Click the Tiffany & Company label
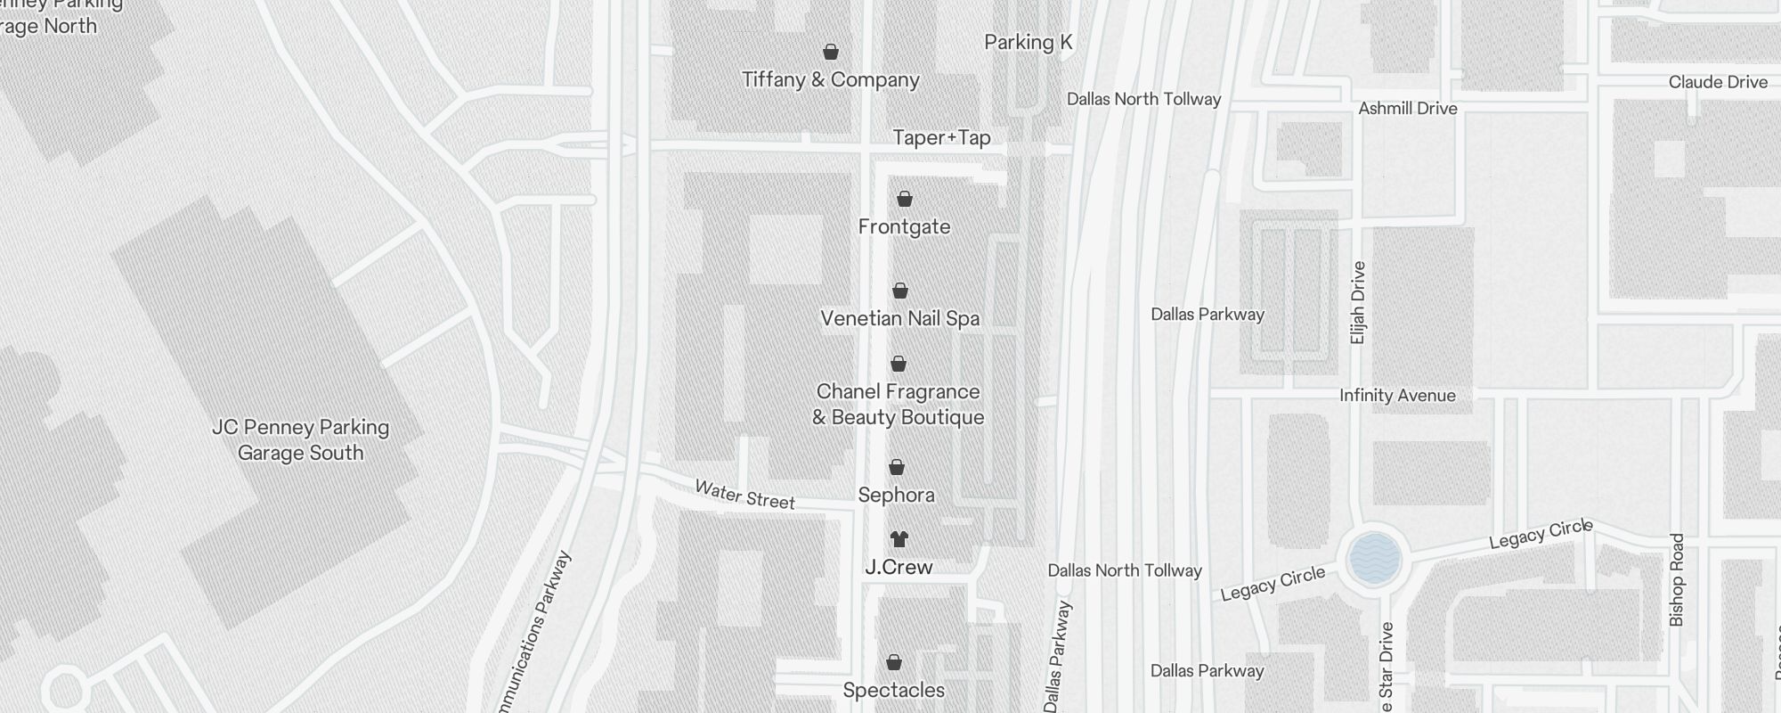pos(830,80)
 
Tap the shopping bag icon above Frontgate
pos(904,199)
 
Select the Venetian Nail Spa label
pos(899,318)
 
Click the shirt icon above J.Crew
pos(899,539)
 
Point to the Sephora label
pos(896,495)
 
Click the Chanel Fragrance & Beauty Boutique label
pos(898,404)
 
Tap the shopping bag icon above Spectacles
pos(893,662)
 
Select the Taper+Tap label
pos(941,138)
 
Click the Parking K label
pos(1028,43)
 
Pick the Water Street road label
pos(744,495)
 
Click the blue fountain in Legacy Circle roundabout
pos(1375,559)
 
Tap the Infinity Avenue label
pos(1397,396)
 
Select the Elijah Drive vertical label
pos(1357,303)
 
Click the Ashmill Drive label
pos(1407,109)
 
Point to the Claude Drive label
pos(1717,82)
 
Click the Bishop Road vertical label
pos(1677,579)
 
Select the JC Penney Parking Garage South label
pos(300,440)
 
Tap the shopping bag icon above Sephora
pos(897,468)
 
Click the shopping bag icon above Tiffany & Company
pos(830,52)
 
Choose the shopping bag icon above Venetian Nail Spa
pos(899,291)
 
